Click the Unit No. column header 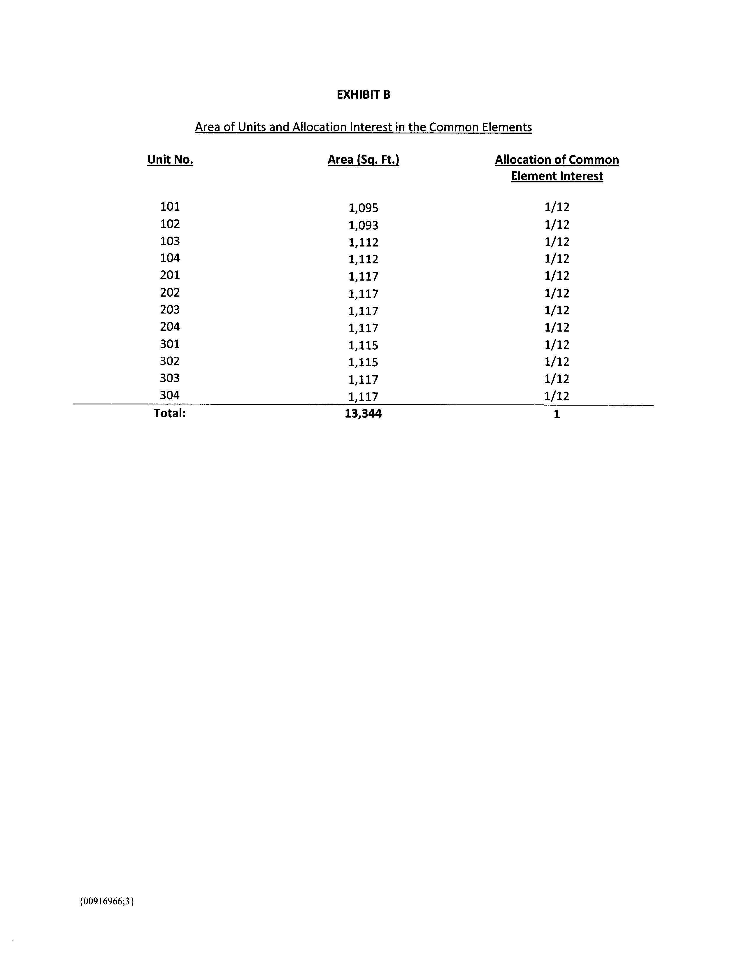coord(170,160)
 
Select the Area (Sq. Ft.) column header coord(363,160)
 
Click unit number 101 coord(170,206)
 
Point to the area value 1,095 coord(363,208)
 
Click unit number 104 coord(170,258)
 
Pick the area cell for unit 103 coord(363,242)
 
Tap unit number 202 coord(170,293)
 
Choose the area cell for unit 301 coord(363,345)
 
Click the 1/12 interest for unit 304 coord(557,396)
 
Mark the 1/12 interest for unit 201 coord(557,276)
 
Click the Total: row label coord(170,413)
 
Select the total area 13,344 coord(363,414)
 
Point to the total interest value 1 coord(557,414)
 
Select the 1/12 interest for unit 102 coord(557,225)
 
